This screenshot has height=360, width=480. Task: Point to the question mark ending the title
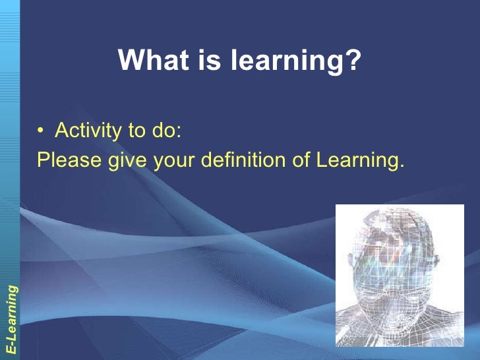[x=354, y=61]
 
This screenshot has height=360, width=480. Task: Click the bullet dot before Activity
[x=41, y=131]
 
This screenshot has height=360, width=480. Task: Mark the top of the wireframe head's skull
[x=396, y=212]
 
